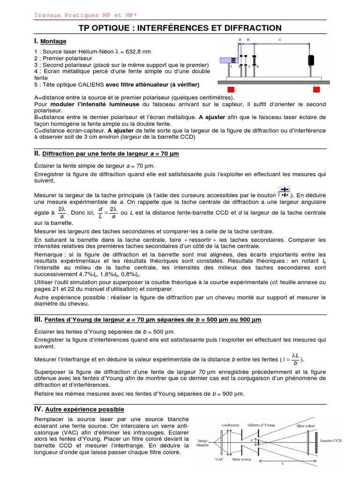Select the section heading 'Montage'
point(53,42)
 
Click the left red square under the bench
point(231,89)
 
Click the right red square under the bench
point(317,89)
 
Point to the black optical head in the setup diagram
point(310,60)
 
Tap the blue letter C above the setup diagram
point(280,40)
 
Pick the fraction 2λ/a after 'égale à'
point(61,212)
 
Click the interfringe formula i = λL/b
point(292,359)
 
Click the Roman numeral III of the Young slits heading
point(38,319)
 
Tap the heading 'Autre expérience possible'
point(84,409)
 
